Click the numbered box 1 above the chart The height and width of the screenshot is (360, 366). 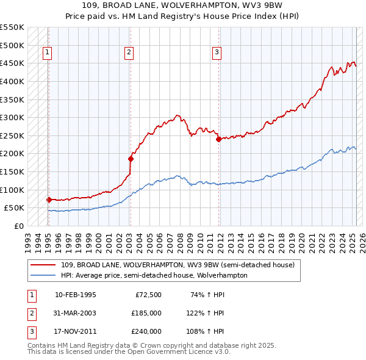click(48, 53)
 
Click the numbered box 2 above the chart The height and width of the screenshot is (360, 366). click(129, 53)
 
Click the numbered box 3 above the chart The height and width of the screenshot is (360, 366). click(217, 53)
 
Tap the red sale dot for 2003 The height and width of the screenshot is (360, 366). click(130, 159)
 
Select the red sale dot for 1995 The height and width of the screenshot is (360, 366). click(48, 200)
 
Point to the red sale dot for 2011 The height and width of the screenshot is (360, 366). click(217, 139)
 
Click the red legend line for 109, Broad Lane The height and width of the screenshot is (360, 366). click(44, 265)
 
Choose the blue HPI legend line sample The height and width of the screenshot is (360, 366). click(44, 275)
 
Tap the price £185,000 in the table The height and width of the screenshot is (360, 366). click(146, 313)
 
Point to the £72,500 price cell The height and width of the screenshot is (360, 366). click(148, 295)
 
